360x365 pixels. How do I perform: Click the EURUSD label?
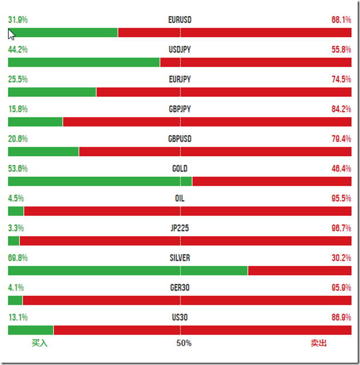(180, 20)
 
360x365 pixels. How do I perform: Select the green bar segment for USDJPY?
(83, 62)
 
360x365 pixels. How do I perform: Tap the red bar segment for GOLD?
(272, 181)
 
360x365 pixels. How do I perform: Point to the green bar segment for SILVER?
(127, 271)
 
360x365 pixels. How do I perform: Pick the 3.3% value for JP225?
(16, 228)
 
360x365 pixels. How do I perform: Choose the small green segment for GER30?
(15, 300)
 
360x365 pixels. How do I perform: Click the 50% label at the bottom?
(183, 343)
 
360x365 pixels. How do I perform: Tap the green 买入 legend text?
(39, 343)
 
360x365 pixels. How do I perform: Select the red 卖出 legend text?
(319, 343)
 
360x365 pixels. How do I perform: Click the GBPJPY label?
(180, 109)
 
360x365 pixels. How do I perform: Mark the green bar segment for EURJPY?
(52, 92)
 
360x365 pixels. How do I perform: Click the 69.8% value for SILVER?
(18, 258)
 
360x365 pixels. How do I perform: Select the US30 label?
(180, 318)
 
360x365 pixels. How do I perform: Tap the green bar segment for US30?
(30, 330)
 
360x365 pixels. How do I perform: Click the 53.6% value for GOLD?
(18, 169)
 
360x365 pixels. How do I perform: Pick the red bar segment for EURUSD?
(234, 33)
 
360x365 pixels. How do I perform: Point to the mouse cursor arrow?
(11, 34)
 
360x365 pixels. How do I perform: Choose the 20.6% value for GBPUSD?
(18, 139)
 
